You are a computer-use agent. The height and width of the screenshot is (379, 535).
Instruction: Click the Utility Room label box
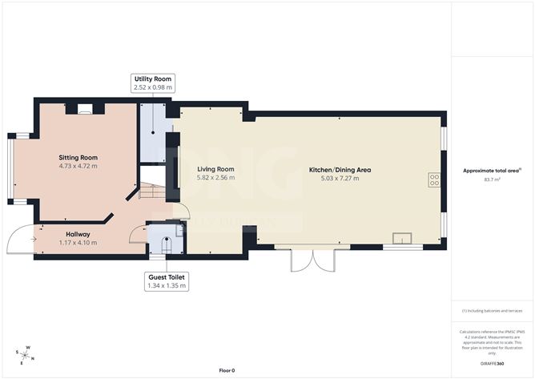pos(153,83)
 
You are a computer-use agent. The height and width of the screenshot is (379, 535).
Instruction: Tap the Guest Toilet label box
pos(167,280)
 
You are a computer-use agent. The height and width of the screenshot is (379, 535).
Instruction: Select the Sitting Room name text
pos(78,157)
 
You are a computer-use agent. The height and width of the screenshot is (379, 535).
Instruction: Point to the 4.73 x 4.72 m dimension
pos(78,166)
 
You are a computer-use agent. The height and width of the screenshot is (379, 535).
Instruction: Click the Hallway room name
pos(78,234)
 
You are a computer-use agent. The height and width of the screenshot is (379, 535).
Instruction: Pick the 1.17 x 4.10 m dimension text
pos(78,242)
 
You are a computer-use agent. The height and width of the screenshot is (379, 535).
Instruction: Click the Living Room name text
pos(215,169)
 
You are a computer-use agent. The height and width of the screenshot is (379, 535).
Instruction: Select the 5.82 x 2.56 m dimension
pos(215,178)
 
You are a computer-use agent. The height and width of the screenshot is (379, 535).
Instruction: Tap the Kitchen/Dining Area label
pos(340,170)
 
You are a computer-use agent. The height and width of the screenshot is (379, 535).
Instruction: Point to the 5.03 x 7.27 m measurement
pos(340,178)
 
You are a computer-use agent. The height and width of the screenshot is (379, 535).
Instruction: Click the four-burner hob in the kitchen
pos(434,180)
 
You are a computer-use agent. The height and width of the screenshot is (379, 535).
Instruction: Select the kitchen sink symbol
pos(401,237)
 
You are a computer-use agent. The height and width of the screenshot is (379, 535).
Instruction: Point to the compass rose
pos(25,353)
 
